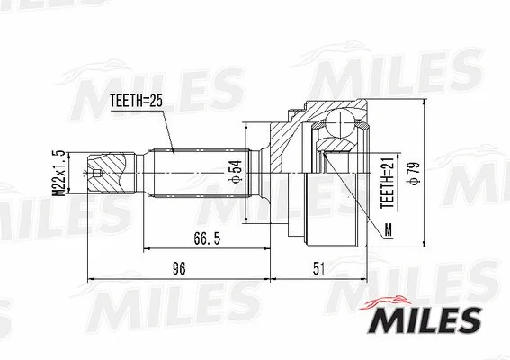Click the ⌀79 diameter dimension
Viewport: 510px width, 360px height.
[x=416, y=175]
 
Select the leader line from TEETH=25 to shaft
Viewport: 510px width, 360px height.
[x=166, y=130]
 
